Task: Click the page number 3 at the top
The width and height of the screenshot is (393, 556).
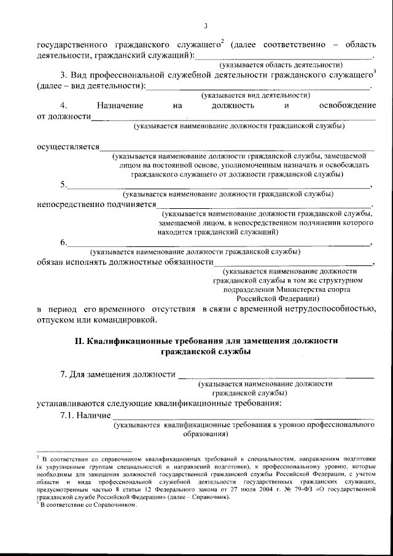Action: tap(206, 26)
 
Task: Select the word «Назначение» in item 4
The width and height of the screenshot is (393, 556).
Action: tap(120, 106)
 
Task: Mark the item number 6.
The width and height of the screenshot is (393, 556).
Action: tap(63, 242)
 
